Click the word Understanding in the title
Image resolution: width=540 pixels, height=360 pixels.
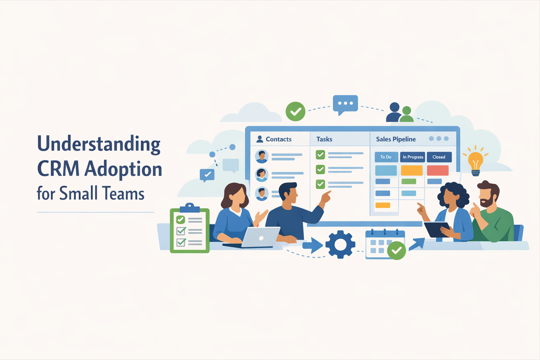(99, 144)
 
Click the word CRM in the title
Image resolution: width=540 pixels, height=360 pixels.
(58, 169)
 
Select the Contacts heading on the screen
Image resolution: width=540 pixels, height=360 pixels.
(278, 139)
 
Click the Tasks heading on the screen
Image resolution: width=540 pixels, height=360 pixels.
(324, 139)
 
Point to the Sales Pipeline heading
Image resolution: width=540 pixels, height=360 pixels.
(396, 139)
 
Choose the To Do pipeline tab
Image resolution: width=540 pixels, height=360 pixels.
(386, 157)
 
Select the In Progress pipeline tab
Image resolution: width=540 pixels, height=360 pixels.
(413, 157)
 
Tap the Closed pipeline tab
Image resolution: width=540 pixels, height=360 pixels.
(439, 157)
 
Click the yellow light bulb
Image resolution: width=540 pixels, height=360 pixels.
(475, 162)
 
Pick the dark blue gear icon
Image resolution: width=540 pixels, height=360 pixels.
(340, 244)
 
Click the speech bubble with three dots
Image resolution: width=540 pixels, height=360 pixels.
(345, 104)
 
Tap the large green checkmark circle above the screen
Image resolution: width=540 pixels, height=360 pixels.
(295, 111)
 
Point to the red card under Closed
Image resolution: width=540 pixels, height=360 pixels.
(438, 171)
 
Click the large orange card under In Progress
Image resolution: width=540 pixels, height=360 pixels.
(412, 171)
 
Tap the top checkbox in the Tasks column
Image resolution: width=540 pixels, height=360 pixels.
(320, 154)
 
